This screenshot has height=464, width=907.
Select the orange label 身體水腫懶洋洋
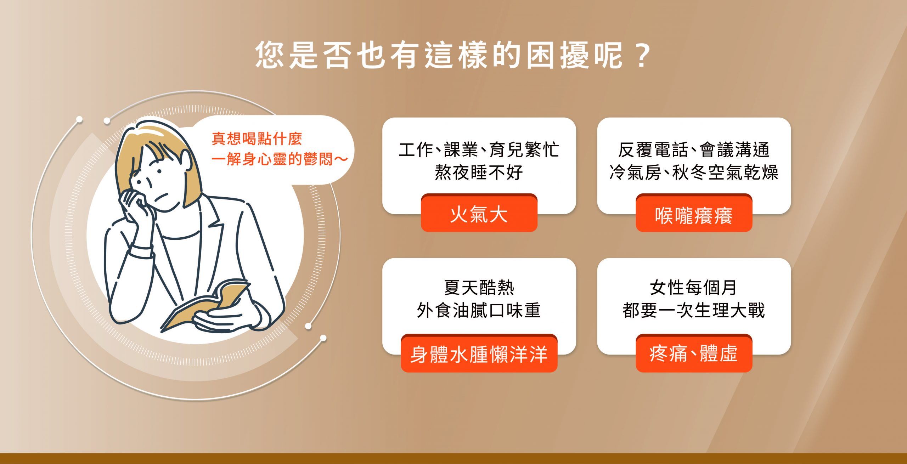pyautogui.click(x=479, y=354)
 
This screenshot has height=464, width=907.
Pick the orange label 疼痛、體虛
pyautogui.click(x=694, y=354)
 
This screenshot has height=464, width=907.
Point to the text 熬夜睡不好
pyautogui.click(x=479, y=172)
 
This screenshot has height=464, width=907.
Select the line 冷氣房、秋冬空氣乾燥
pyautogui.click(x=694, y=172)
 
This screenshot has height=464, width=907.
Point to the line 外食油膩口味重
pyautogui.click(x=479, y=310)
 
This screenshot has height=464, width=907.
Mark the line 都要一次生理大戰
pyautogui.click(x=694, y=310)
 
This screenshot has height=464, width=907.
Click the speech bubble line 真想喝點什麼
pyautogui.click(x=257, y=139)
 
